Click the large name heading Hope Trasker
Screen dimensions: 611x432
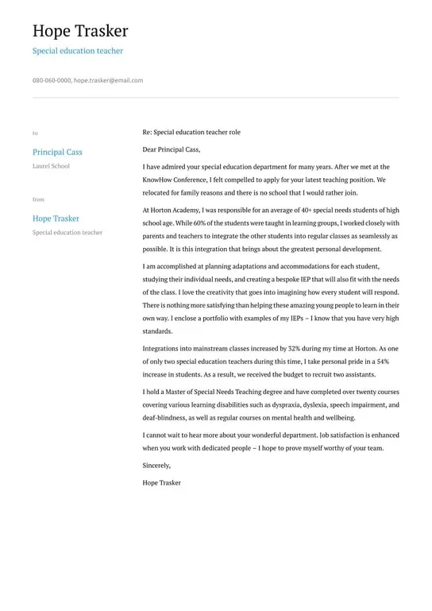(x=80, y=31)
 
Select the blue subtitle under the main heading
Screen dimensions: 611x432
(x=78, y=51)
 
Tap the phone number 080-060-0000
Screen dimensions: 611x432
(x=52, y=80)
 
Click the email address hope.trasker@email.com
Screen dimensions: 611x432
(x=109, y=80)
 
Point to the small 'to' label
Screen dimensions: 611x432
(x=35, y=133)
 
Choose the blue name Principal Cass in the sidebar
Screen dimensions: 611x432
(x=57, y=152)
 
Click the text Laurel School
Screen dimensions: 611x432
(x=51, y=166)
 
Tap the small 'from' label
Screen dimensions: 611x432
(x=38, y=199)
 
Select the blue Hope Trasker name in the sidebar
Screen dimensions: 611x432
(x=56, y=218)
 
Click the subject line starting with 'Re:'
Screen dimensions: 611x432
(x=191, y=132)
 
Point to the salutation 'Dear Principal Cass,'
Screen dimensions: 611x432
(x=172, y=149)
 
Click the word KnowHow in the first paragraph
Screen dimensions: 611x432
(x=157, y=180)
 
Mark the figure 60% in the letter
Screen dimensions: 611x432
(x=206, y=223)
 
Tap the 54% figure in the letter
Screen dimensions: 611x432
(x=383, y=361)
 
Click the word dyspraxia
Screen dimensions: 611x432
(x=284, y=404)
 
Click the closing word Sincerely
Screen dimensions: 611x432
(x=156, y=465)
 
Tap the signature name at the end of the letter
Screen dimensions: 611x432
(x=162, y=482)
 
